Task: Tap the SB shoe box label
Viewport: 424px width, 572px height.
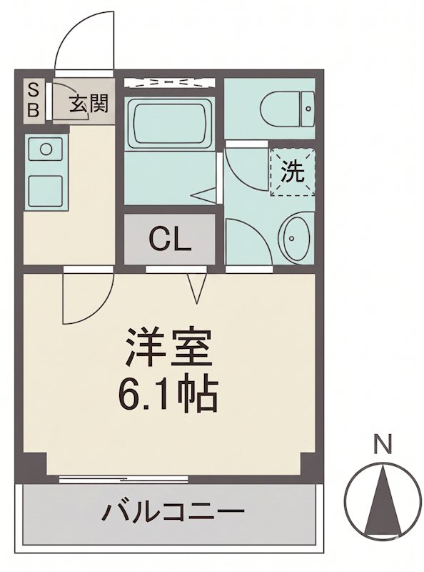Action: pos(33,100)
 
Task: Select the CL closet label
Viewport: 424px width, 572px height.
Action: pos(170,240)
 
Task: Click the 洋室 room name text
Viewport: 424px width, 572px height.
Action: pos(169,348)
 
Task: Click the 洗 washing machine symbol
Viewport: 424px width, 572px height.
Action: pos(292,171)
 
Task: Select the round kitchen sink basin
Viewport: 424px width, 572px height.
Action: pos(46,150)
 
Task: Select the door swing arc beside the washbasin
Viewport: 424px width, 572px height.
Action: pos(246,240)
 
